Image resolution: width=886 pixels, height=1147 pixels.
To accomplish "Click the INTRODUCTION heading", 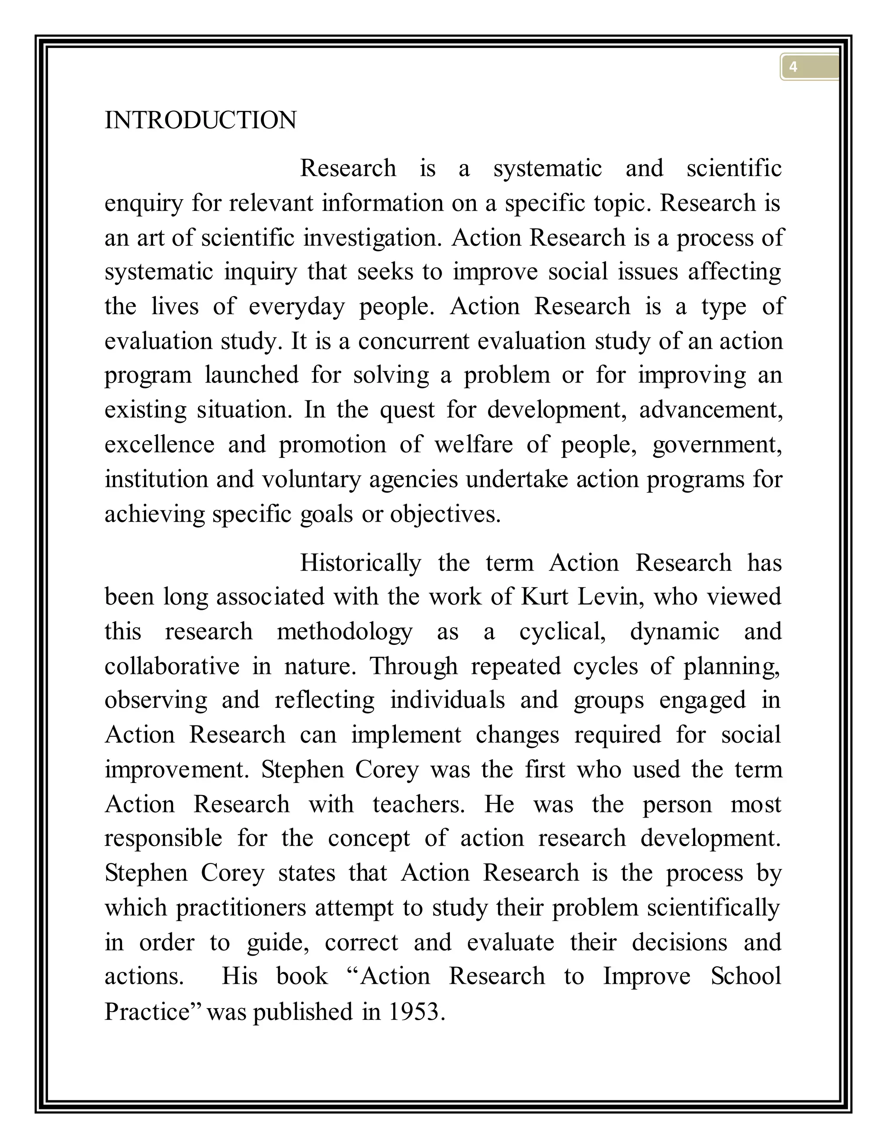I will click(x=200, y=120).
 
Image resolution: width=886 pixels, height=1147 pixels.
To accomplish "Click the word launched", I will click(x=251, y=375).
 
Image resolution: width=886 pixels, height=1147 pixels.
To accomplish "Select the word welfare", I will click(x=473, y=445).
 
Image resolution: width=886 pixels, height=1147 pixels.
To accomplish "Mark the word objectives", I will click(x=445, y=514).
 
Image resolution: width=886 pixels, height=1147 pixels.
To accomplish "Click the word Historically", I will click(x=360, y=563).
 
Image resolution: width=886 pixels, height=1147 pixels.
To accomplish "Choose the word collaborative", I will click(x=172, y=666).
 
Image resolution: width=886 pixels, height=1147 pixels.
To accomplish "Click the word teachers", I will click(x=418, y=804).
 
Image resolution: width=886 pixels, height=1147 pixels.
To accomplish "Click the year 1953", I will click(x=416, y=1012).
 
